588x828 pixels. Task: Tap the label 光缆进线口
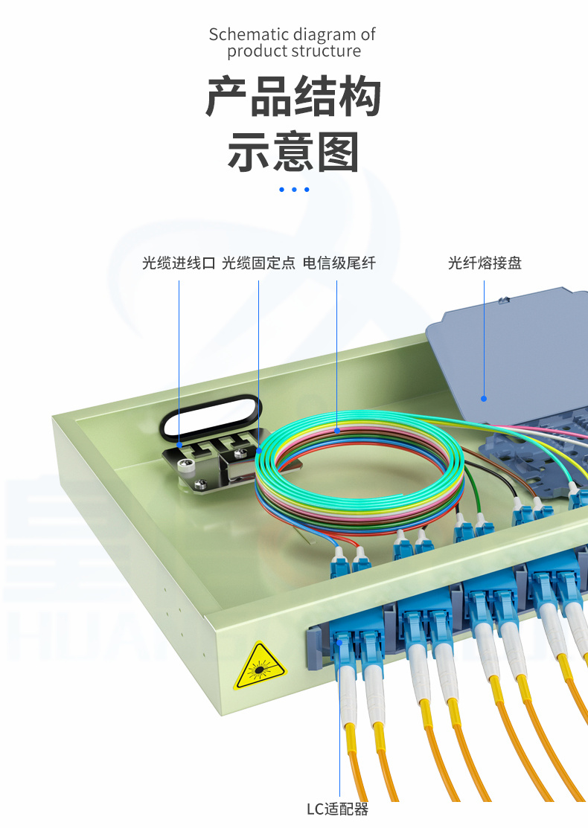tap(179, 263)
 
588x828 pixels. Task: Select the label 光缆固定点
tap(258, 263)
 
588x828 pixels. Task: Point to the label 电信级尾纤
tap(339, 263)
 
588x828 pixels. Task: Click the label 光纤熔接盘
tap(485, 263)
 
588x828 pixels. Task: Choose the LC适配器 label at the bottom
tap(338, 809)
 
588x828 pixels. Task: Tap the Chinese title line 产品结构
tap(293, 97)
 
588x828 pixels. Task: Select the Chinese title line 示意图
tap(293, 153)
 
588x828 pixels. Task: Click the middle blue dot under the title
tap(294, 190)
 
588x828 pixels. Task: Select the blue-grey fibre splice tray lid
tap(514, 357)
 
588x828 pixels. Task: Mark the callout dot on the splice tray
tap(485, 398)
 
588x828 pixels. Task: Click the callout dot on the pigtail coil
tap(337, 430)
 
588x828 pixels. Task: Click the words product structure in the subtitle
tap(294, 51)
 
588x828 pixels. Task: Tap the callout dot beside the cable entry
tap(179, 445)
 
